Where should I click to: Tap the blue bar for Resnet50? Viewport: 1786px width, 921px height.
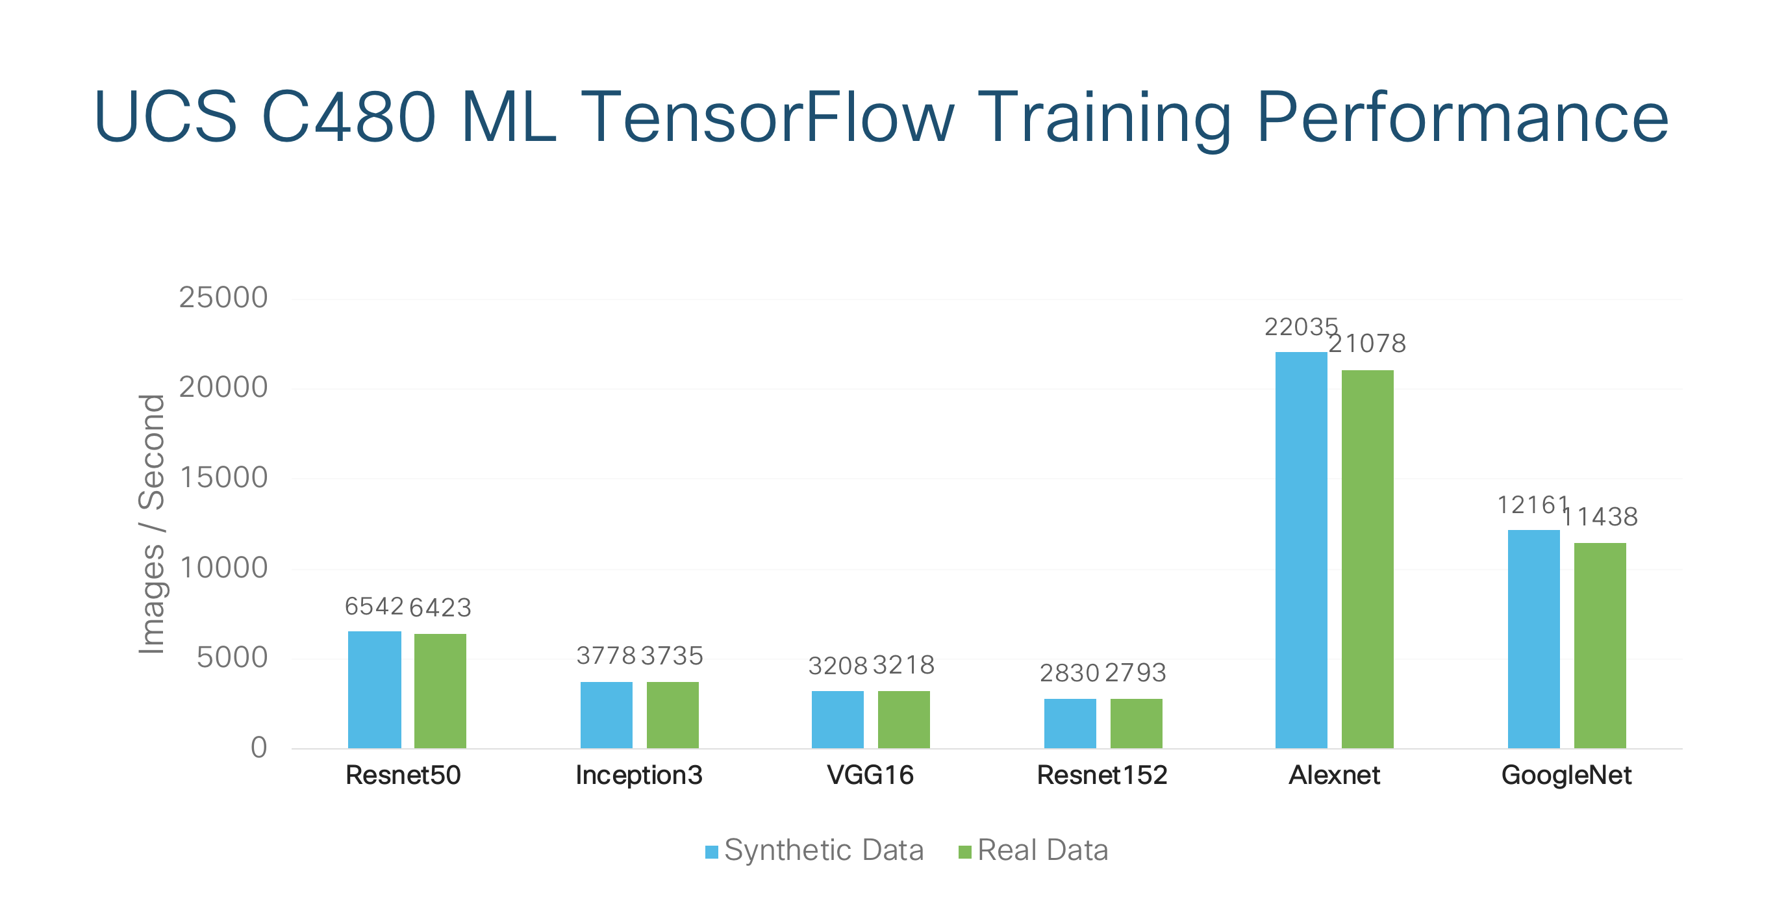pyautogui.click(x=374, y=689)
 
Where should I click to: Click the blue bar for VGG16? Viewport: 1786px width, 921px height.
pyautogui.click(x=838, y=719)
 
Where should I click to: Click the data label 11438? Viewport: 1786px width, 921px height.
pyautogui.click(x=1600, y=516)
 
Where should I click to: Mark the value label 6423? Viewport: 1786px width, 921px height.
pyautogui.click(x=440, y=607)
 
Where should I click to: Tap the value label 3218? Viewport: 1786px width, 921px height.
pyautogui.click(x=903, y=665)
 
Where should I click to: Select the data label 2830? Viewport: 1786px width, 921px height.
pyautogui.click(x=1069, y=673)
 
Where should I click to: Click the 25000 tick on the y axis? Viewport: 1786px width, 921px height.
pyautogui.click(x=223, y=297)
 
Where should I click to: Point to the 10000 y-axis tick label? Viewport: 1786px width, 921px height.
pyautogui.click(x=223, y=568)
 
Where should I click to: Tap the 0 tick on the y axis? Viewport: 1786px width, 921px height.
pyautogui.click(x=258, y=748)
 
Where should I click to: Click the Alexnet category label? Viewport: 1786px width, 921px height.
pyautogui.click(x=1334, y=775)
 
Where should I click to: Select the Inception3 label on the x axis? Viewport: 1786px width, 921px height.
pyautogui.click(x=638, y=775)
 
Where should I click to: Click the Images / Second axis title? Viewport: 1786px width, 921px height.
pyautogui.click(x=151, y=524)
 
